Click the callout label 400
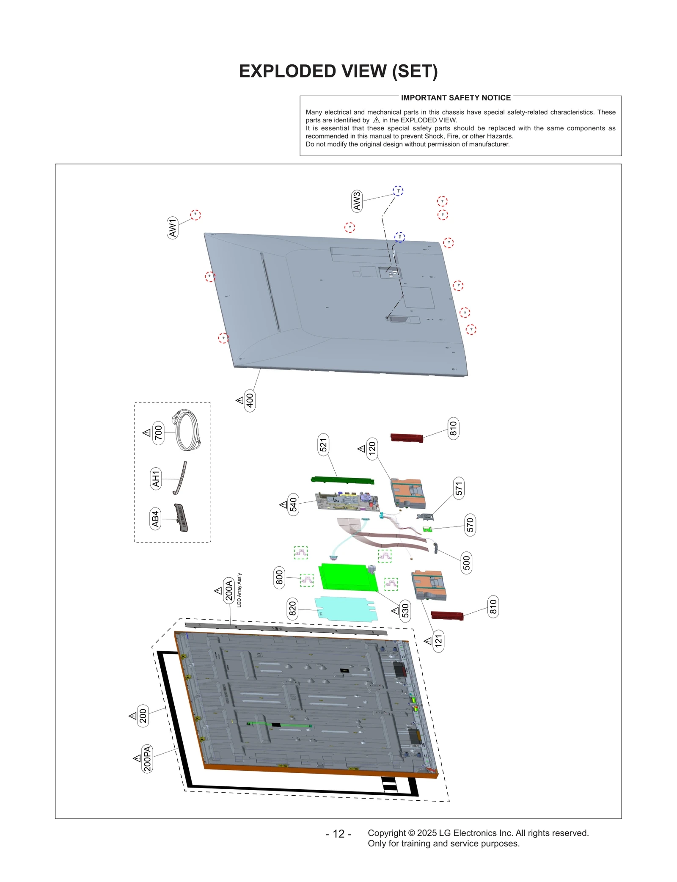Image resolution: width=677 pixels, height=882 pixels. (x=250, y=400)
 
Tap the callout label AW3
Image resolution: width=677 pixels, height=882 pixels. (x=357, y=201)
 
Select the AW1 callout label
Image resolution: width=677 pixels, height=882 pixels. (x=173, y=228)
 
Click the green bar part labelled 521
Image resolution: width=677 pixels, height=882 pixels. (x=342, y=480)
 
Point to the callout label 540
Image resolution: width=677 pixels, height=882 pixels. (x=293, y=504)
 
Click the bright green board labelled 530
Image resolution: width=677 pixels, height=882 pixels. (x=347, y=576)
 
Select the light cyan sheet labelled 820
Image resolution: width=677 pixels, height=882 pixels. (x=345, y=609)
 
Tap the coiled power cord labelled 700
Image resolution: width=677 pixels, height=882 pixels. (x=186, y=430)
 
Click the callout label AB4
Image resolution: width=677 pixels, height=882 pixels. (x=155, y=519)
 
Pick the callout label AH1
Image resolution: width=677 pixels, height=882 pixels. (x=156, y=478)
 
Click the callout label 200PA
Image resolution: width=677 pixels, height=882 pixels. (x=147, y=758)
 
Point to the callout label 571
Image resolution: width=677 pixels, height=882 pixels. (x=459, y=488)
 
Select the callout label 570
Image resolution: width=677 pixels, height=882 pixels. (x=470, y=525)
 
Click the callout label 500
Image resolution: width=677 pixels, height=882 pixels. (x=466, y=562)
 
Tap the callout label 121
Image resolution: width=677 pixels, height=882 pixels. (x=438, y=640)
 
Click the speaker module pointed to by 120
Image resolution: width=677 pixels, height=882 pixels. (x=407, y=493)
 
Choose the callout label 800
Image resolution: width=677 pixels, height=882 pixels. (x=279, y=577)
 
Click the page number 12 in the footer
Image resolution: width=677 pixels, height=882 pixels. (x=338, y=834)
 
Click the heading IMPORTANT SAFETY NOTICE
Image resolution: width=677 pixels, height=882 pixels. (x=455, y=98)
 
